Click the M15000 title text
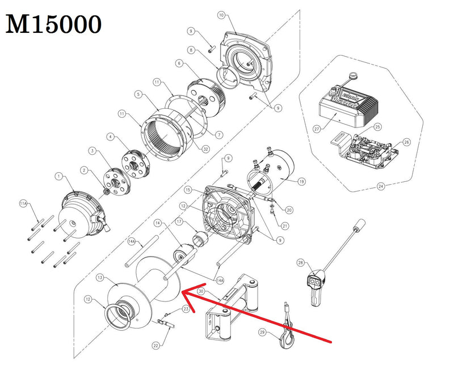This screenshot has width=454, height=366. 54,24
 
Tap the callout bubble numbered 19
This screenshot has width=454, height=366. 301,182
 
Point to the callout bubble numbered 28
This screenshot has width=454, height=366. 301,263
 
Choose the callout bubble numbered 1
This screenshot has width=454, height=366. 57,177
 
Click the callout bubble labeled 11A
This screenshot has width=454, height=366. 23,202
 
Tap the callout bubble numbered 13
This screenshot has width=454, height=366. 99,278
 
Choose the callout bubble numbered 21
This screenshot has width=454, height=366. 285,226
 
